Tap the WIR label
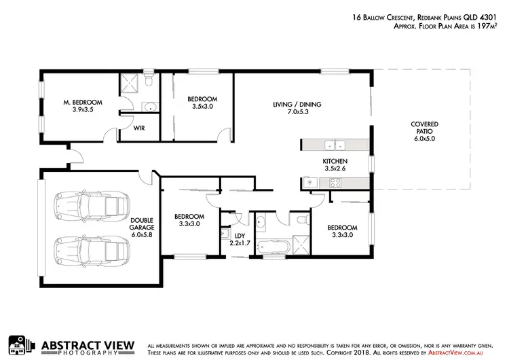pos(137,127)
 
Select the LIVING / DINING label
pos(297,104)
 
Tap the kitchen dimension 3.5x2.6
pos(335,168)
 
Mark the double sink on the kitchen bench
pos(334,145)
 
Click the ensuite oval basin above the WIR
pos(150,106)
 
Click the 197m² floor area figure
pos(485,26)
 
